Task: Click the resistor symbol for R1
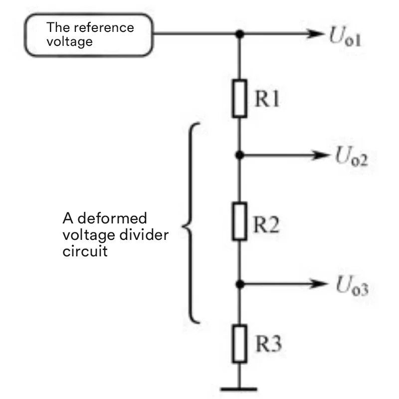(239, 99)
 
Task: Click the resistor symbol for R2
(239, 221)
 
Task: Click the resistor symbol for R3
(239, 344)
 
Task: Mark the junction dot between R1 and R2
(239, 155)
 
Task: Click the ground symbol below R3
(239, 387)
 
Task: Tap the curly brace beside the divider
(192, 223)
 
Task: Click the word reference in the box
(110, 27)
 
